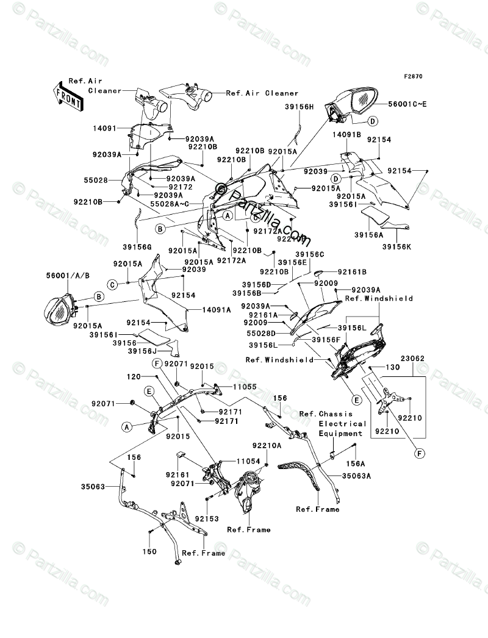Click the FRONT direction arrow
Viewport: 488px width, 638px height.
68,96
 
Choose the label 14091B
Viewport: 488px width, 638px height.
347,135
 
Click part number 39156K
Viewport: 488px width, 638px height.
397,246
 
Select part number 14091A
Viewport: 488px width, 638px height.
204,310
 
